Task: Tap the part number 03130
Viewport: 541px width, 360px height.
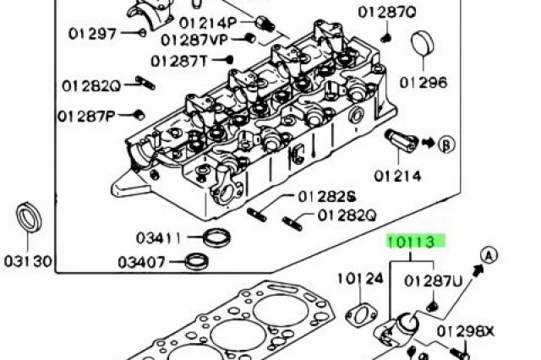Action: point(28,261)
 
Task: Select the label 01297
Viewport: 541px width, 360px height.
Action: point(92,34)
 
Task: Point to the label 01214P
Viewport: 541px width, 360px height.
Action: point(208,23)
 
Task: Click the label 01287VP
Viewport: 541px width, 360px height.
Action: point(194,40)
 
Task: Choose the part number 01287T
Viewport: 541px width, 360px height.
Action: point(179,62)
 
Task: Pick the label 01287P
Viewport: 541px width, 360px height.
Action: point(86,117)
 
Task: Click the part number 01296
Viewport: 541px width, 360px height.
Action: point(424,83)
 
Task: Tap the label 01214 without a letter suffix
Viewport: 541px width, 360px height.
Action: point(398,177)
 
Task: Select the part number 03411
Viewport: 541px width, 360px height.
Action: point(158,238)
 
